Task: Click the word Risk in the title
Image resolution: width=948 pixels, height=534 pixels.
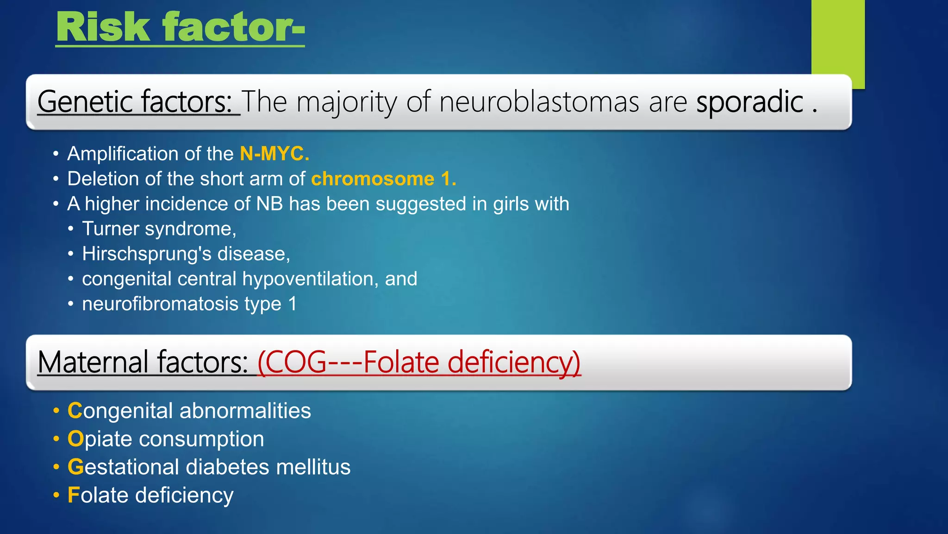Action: click(103, 28)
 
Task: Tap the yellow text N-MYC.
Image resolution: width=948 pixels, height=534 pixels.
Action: click(274, 154)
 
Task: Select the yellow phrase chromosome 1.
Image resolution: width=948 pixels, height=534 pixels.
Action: click(383, 179)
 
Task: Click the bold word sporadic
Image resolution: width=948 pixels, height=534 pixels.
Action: click(749, 102)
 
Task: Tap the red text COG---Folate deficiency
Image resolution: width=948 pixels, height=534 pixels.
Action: click(419, 362)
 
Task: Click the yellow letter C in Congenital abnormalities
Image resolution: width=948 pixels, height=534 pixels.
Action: click(75, 411)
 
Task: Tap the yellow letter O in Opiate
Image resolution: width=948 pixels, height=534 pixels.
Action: click(75, 439)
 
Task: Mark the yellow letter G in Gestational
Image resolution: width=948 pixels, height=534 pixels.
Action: click(75, 467)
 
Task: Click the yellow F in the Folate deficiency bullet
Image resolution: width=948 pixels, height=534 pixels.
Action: click(73, 496)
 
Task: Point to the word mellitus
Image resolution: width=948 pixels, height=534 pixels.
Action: click(313, 467)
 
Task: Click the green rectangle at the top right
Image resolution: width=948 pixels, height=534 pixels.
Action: click(838, 37)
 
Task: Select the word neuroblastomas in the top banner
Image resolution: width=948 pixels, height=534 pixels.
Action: click(539, 102)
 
